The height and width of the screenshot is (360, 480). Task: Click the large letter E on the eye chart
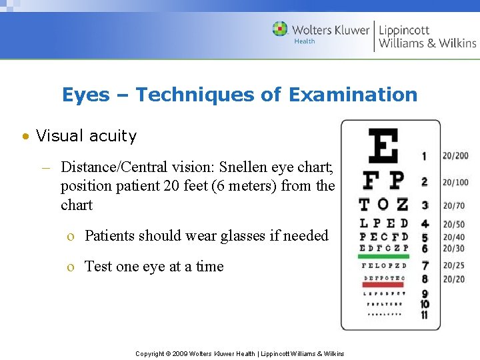pyautogui.click(x=383, y=147)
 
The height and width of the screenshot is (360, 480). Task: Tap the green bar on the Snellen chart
pyautogui.click(x=383, y=256)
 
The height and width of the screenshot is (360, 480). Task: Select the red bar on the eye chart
pyautogui.click(x=383, y=285)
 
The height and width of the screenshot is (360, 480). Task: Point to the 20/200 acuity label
pyautogui.click(x=455, y=156)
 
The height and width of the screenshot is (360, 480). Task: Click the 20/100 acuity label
pyautogui.click(x=455, y=182)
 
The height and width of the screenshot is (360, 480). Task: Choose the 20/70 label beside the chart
pyautogui.click(x=453, y=206)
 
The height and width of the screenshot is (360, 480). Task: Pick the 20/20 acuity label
pyautogui.click(x=453, y=279)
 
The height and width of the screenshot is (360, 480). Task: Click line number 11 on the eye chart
pyautogui.click(x=425, y=315)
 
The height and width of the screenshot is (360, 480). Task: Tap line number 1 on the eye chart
pyautogui.click(x=424, y=157)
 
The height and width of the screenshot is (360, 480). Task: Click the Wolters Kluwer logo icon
pyautogui.click(x=280, y=29)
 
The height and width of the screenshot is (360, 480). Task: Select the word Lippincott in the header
pyautogui.click(x=404, y=30)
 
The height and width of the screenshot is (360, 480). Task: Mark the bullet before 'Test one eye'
pyautogui.click(x=70, y=267)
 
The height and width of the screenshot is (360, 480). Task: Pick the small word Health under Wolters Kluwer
pyautogui.click(x=305, y=41)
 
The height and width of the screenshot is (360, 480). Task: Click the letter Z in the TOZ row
pyautogui.click(x=401, y=205)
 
